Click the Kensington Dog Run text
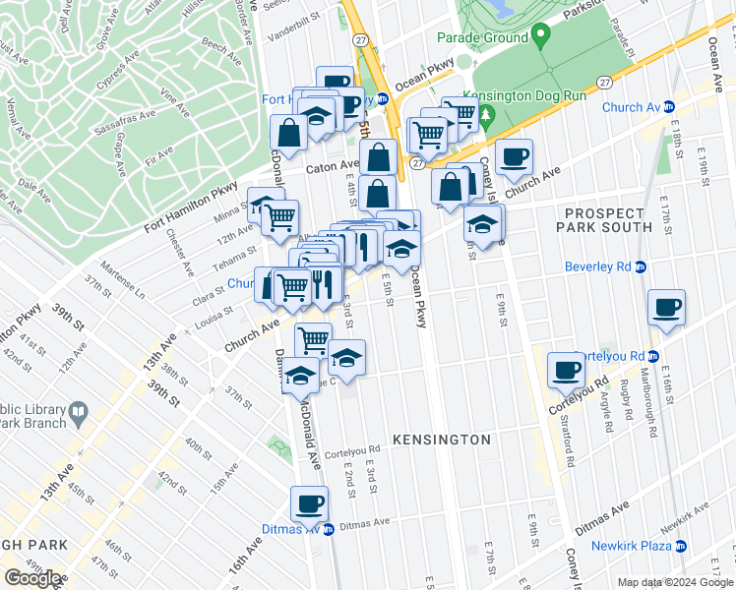click(x=524, y=96)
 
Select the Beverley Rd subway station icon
click(x=640, y=266)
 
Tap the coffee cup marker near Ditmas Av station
click(x=309, y=504)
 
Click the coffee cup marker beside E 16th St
click(x=666, y=307)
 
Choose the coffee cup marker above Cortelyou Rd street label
click(x=566, y=370)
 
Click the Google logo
click(x=32, y=578)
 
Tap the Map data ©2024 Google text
click(x=675, y=582)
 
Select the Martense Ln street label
click(x=125, y=286)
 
